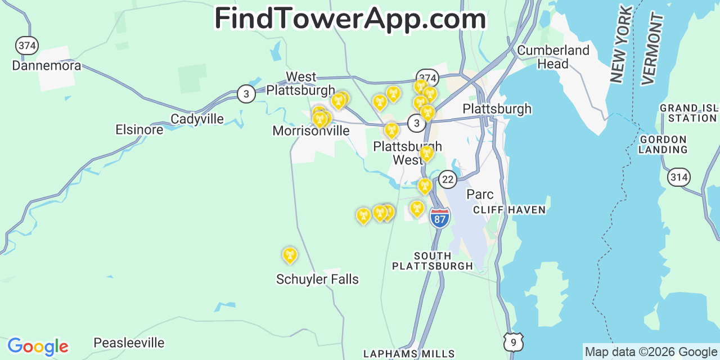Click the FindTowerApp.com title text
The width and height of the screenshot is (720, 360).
click(x=350, y=19)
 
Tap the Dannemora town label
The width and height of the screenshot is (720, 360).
click(x=47, y=65)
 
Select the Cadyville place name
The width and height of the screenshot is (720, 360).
click(x=197, y=119)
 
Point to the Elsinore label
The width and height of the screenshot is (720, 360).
click(x=139, y=130)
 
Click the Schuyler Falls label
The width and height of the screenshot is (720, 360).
click(x=317, y=279)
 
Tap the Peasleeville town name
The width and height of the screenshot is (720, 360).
click(x=129, y=343)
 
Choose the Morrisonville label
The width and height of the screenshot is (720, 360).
click(x=310, y=131)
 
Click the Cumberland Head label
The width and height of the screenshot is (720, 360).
click(x=553, y=57)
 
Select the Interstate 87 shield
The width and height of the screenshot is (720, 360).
click(x=440, y=217)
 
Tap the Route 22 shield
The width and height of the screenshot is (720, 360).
click(x=448, y=179)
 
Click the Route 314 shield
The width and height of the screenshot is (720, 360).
click(x=679, y=177)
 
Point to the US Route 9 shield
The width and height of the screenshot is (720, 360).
click(x=514, y=342)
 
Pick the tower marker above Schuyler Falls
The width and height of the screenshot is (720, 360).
click(x=290, y=255)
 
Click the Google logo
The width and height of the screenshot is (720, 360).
click(x=38, y=346)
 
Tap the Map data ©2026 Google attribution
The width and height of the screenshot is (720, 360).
click(x=651, y=352)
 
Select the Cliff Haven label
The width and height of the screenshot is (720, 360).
click(x=509, y=210)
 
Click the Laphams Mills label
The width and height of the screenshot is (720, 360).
click(x=409, y=354)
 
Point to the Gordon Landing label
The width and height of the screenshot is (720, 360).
click(x=663, y=144)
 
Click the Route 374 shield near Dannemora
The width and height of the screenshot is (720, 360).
click(x=27, y=46)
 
